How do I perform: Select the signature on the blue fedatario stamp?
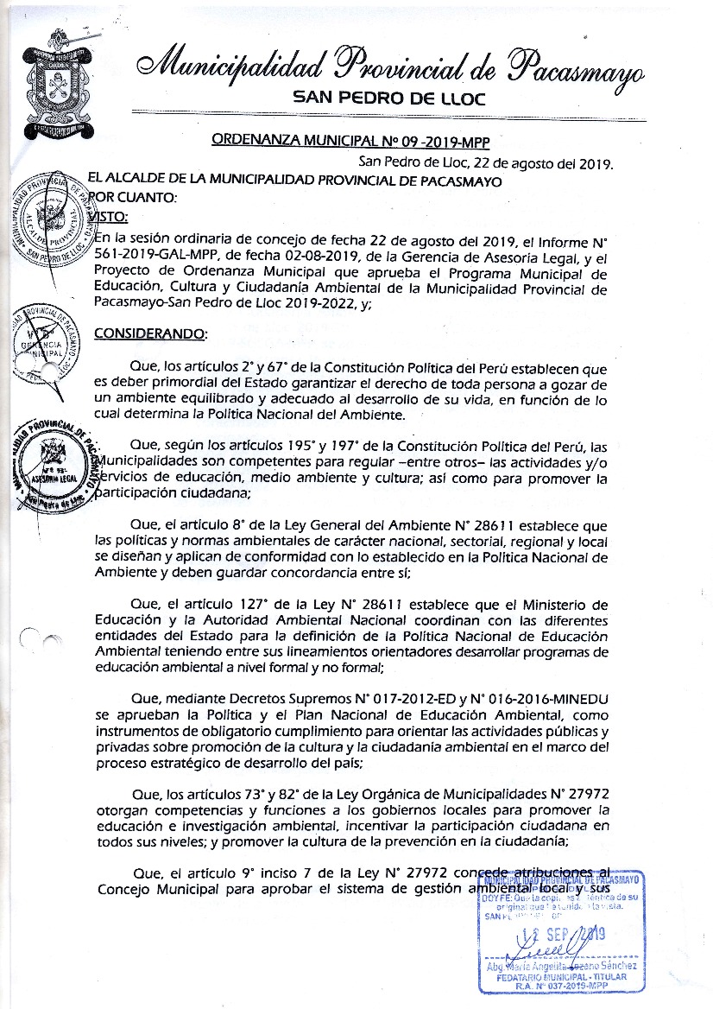552,948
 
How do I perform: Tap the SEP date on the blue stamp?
565,933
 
